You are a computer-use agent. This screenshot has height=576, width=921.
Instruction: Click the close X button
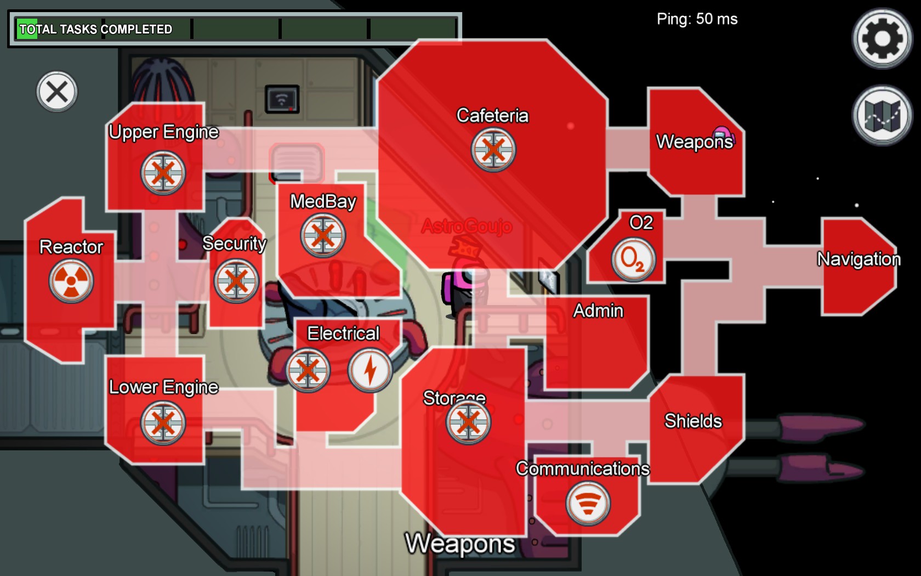click(x=57, y=92)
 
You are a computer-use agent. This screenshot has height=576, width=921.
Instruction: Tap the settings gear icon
click(x=882, y=38)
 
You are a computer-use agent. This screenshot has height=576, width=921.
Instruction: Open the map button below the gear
click(x=882, y=115)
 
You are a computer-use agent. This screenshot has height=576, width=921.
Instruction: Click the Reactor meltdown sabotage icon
click(x=71, y=281)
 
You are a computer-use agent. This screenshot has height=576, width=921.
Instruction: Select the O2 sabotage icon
click(x=633, y=259)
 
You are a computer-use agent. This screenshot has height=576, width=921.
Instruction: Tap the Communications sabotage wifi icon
click(x=588, y=502)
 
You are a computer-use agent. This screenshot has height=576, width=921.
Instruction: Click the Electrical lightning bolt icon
click(x=370, y=370)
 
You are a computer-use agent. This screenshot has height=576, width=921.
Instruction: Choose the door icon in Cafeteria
click(x=493, y=149)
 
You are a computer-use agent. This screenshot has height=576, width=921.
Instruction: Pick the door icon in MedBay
click(x=323, y=235)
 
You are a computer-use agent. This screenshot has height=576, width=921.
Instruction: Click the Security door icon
click(x=236, y=281)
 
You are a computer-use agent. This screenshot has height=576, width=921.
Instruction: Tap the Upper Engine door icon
click(x=163, y=173)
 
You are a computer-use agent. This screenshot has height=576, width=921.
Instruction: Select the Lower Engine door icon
click(x=163, y=422)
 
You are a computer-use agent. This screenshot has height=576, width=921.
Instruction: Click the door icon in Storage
click(x=468, y=422)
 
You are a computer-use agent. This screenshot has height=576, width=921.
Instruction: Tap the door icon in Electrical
click(x=308, y=370)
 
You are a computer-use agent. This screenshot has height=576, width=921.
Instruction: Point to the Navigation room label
click(x=859, y=258)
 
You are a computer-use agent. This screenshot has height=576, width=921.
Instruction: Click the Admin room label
click(x=598, y=310)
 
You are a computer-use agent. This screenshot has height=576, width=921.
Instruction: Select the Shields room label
click(x=693, y=421)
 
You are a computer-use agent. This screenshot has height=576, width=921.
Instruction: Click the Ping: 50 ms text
click(x=697, y=19)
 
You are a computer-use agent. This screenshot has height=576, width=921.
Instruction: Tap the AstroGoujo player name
click(x=467, y=226)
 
